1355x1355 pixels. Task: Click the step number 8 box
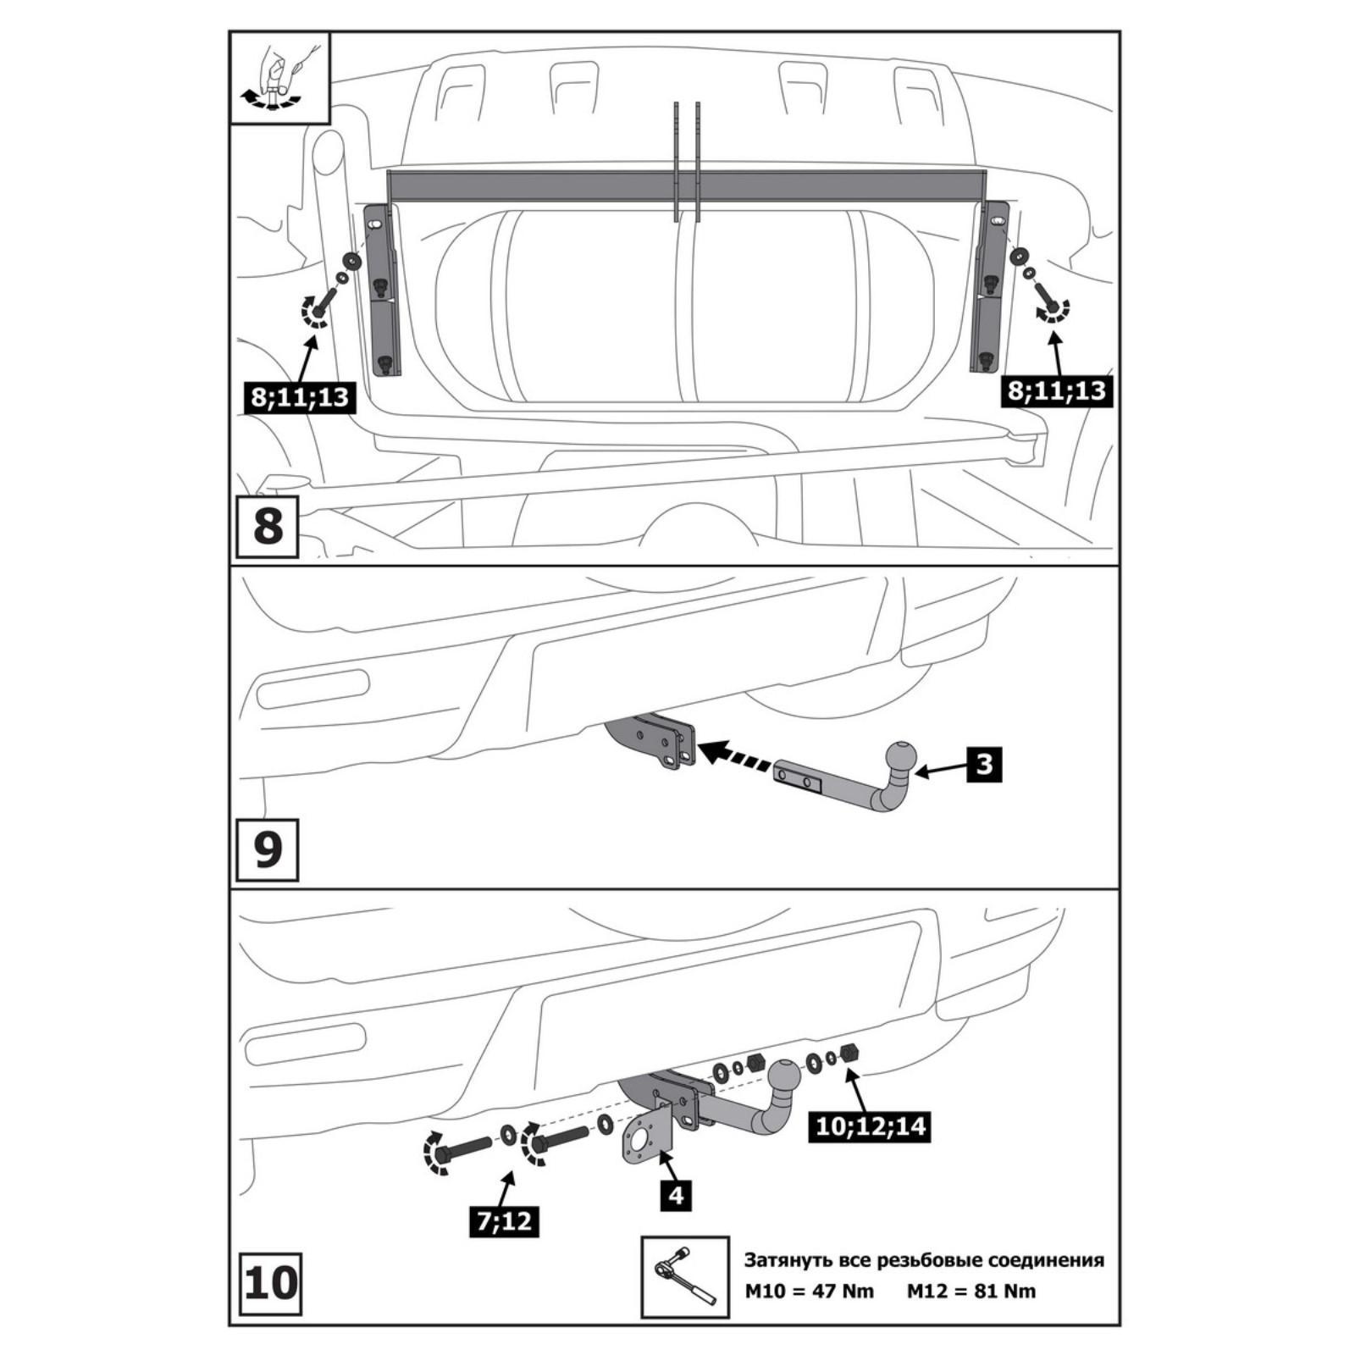pyautogui.click(x=268, y=527)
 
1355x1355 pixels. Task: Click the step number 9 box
pyautogui.click(x=268, y=849)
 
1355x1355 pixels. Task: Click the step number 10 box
pyautogui.click(x=271, y=1284)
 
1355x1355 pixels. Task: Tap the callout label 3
pyautogui.click(x=983, y=765)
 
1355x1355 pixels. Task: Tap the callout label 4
pyautogui.click(x=677, y=1197)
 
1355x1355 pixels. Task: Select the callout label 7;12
pyautogui.click(x=505, y=1221)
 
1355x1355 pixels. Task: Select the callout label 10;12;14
pyautogui.click(x=869, y=1126)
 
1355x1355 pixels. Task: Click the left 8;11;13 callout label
pyautogui.click(x=299, y=396)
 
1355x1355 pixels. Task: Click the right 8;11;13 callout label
pyautogui.click(x=1055, y=390)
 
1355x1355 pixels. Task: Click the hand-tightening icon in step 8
pyautogui.click(x=279, y=77)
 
